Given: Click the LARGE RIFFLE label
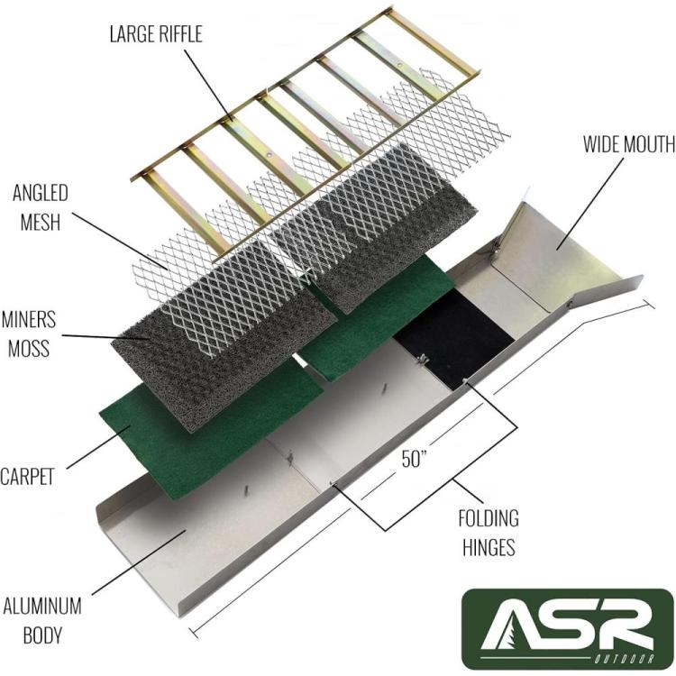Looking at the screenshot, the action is coord(156,34).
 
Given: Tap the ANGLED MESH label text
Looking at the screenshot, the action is coord(40,208).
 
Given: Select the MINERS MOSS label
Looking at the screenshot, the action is coord(29,334).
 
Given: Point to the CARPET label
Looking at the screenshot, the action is coord(27,477).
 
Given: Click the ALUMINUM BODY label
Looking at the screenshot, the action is coord(41,621).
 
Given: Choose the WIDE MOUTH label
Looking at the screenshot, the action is coord(629,144).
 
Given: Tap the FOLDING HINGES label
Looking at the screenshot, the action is coord(489,533).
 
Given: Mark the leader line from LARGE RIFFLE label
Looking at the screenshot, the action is coord(210,85).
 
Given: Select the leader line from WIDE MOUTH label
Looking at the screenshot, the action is coord(589,204).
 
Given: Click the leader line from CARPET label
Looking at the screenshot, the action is coord(99,447).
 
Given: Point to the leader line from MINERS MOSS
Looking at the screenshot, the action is coord(105,337).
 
